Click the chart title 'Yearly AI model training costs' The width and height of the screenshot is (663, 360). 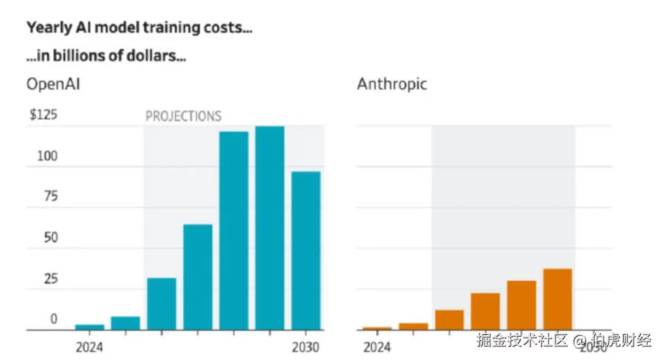click(x=139, y=28)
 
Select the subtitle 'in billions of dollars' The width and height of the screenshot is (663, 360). click(x=106, y=57)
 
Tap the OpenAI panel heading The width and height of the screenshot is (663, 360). click(x=53, y=84)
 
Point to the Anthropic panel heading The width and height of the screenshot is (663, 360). click(x=392, y=84)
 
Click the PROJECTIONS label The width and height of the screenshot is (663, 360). click(x=183, y=116)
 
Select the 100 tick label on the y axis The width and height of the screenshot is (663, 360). click(x=47, y=156)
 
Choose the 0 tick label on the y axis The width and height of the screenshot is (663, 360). click(x=53, y=319)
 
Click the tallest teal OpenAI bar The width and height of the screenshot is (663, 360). click(x=270, y=227)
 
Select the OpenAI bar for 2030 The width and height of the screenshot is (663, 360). click(x=306, y=250)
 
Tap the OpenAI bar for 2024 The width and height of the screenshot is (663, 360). click(x=90, y=327)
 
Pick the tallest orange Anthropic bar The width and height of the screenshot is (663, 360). click(x=557, y=299)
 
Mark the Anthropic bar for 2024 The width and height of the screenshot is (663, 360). click(x=377, y=329)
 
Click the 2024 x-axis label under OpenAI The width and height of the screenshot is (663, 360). click(x=90, y=347)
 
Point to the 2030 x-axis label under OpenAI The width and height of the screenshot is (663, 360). click(x=305, y=347)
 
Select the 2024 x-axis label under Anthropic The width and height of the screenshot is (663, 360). click(x=377, y=347)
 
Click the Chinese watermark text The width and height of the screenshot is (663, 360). click(x=564, y=340)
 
